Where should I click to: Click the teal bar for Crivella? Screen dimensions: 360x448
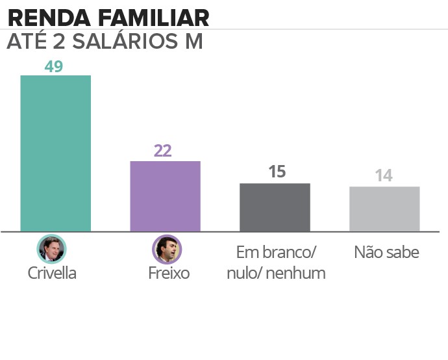[55, 153]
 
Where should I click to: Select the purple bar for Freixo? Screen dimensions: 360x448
[165, 196]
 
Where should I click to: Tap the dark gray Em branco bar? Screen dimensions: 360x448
[275, 207]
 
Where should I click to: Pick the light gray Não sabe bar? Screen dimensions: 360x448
[384, 209]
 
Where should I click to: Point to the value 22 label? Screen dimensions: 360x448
[162, 151]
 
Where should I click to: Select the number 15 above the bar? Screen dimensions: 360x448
[277, 172]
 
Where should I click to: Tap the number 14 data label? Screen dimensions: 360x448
[384, 176]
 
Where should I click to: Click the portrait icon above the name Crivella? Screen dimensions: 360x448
[52, 248]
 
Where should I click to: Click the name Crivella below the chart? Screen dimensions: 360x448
[52, 273]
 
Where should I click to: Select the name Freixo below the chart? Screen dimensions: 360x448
[168, 273]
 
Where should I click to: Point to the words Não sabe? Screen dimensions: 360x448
[386, 253]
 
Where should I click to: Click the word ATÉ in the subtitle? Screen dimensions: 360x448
[26, 42]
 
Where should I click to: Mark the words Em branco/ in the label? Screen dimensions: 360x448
[275, 253]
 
